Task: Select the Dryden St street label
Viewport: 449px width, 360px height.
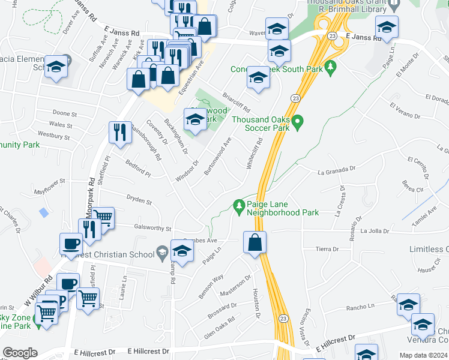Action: tap(139, 199)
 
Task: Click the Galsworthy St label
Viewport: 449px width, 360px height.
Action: tap(152, 229)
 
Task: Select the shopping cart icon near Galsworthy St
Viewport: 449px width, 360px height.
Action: tap(103, 217)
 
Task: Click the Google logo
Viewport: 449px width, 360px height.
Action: tap(20, 353)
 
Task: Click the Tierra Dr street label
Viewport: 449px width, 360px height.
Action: tap(327, 248)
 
